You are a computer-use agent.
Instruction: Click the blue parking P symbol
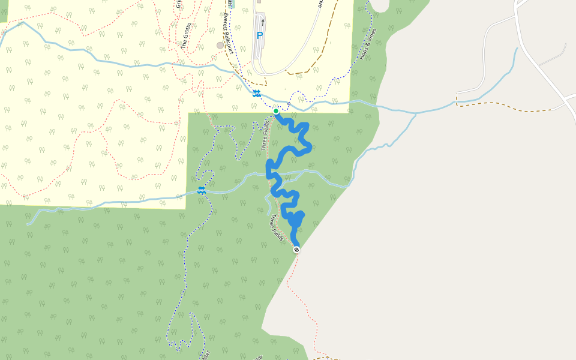(260, 35)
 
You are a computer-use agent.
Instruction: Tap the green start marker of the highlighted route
(276, 111)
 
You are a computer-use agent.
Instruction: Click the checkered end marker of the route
(296, 249)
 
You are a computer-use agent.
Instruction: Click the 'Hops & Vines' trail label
(367, 44)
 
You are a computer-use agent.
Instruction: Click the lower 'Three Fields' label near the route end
(277, 229)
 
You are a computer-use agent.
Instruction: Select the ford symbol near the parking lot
(256, 93)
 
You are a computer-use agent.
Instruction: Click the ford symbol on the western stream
(202, 190)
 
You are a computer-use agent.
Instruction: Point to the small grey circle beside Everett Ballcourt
(220, 45)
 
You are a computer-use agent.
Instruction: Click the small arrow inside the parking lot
(263, 22)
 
